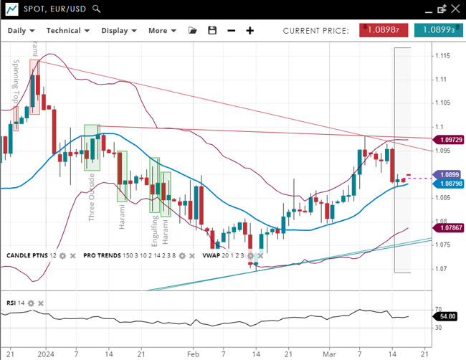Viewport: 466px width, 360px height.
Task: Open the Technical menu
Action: tap(67, 31)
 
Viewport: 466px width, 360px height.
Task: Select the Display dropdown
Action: tap(118, 31)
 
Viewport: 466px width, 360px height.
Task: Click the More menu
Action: tap(161, 31)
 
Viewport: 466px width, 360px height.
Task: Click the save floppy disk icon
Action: tap(211, 31)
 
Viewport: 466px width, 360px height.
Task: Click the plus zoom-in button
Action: tap(250, 31)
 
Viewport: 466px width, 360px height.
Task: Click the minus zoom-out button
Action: tap(231, 31)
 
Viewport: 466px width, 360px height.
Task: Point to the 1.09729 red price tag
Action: tap(449, 139)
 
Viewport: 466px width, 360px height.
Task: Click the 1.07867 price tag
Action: tap(449, 228)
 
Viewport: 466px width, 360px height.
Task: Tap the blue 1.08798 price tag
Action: tap(449, 184)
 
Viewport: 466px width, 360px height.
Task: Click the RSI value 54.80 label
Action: tap(448, 316)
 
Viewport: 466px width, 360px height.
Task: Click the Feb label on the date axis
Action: tap(192, 354)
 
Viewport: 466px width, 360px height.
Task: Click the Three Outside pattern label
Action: tap(91, 196)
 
